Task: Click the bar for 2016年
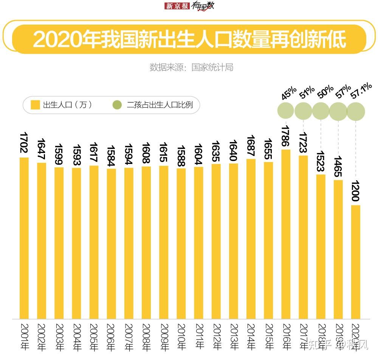[x=286, y=234]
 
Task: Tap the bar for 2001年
[x=24, y=238]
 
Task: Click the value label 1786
[x=286, y=136]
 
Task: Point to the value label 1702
[x=24, y=144]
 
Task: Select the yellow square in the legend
[x=35, y=105]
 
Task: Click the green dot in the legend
[x=118, y=105]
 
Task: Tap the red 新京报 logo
[x=177, y=6]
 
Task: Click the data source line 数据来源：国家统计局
[x=191, y=67]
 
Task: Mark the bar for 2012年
[x=216, y=241]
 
